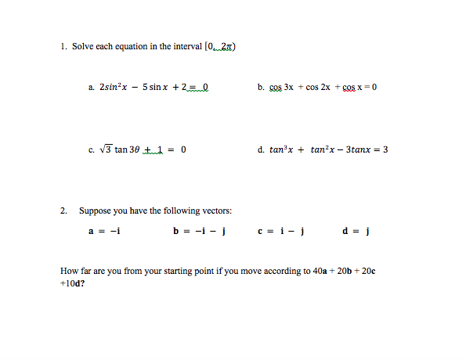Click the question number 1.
(x=63, y=47)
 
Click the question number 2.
(x=63, y=211)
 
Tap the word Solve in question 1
(x=81, y=47)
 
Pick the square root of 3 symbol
(x=108, y=149)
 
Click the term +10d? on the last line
(x=73, y=283)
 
